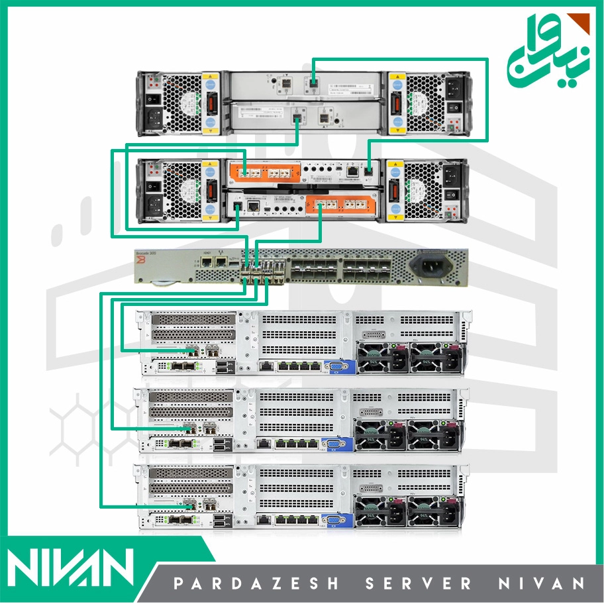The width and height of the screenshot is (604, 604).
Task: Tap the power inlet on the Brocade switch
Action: point(428,266)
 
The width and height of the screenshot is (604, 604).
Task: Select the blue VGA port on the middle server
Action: point(331,444)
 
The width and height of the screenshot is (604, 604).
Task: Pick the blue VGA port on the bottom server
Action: point(331,521)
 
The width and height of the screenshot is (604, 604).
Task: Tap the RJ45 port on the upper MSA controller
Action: point(354,171)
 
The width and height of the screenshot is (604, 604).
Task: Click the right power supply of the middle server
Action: point(433,434)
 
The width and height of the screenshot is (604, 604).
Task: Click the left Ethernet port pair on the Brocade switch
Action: point(214,262)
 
